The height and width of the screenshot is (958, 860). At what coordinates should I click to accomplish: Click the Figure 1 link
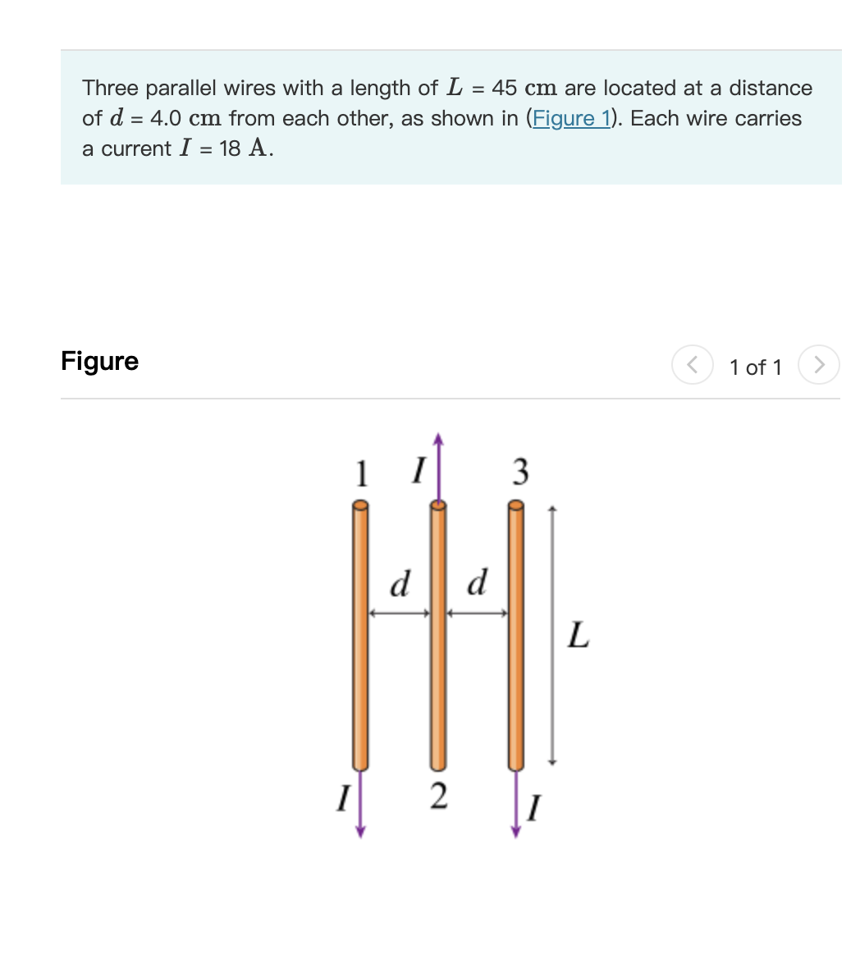point(571,118)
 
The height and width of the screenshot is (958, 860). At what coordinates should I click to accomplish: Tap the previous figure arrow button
point(692,365)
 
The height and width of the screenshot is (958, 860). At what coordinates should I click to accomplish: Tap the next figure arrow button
point(819,365)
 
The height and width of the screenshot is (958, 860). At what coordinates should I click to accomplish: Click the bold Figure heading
point(99,361)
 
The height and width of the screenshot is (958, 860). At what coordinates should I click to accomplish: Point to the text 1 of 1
point(755,367)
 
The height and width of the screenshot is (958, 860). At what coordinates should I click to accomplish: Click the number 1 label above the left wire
point(359,473)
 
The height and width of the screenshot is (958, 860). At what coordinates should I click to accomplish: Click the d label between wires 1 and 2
point(399,584)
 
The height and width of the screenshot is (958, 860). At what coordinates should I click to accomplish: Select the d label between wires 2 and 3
point(477,583)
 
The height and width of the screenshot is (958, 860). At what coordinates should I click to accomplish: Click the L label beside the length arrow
point(578,635)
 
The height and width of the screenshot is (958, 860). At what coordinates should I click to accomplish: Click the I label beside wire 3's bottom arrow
point(534,808)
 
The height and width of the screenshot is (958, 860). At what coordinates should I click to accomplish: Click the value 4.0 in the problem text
point(166,118)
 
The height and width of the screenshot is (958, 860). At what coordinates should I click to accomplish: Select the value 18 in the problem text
point(230,148)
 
